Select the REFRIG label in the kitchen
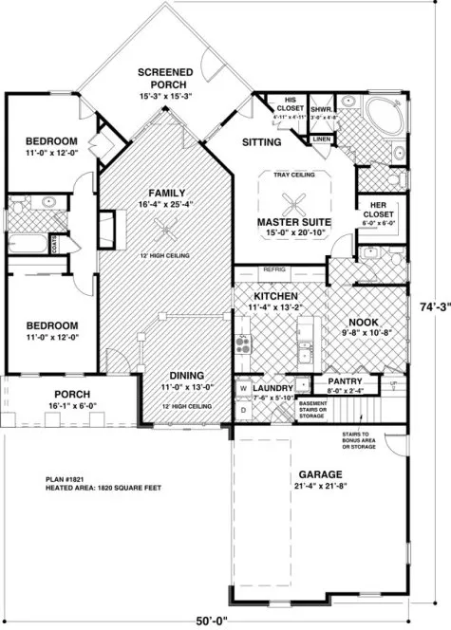(273, 269)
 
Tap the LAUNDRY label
(272, 387)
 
